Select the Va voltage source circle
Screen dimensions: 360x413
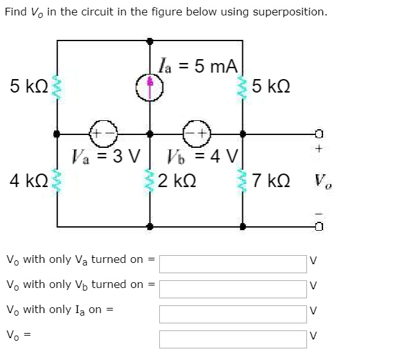click(x=104, y=134)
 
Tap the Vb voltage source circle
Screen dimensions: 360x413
click(x=197, y=134)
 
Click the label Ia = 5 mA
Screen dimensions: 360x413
click(x=199, y=66)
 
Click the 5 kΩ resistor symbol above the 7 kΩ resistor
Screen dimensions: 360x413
click(x=243, y=87)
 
